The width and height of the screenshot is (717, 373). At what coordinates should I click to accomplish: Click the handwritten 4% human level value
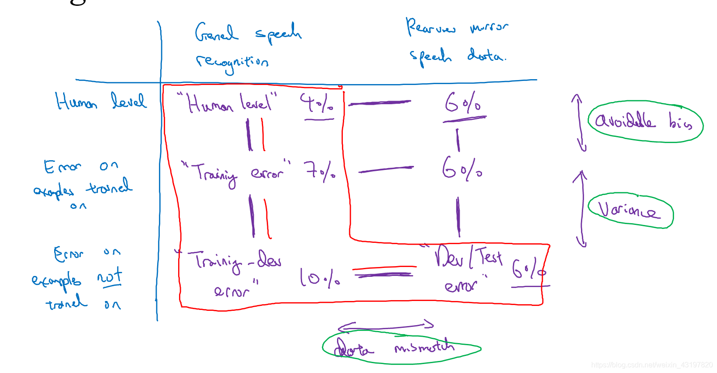(316, 104)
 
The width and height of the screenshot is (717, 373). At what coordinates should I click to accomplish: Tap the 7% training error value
(320, 170)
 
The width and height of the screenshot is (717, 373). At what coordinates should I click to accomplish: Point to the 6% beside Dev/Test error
(529, 269)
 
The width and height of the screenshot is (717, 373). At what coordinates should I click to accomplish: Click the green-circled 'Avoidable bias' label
(644, 121)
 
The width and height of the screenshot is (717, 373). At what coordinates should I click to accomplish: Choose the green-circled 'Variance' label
(630, 210)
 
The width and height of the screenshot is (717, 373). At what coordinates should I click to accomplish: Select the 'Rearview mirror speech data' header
(457, 42)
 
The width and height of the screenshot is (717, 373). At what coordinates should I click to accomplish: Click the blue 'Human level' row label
(101, 102)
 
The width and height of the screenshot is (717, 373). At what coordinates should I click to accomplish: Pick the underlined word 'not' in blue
(110, 276)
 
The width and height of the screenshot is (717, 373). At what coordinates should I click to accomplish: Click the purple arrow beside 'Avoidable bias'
(579, 123)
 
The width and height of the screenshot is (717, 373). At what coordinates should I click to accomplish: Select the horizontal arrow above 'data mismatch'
(385, 326)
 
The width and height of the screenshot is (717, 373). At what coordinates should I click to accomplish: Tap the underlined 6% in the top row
(463, 104)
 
